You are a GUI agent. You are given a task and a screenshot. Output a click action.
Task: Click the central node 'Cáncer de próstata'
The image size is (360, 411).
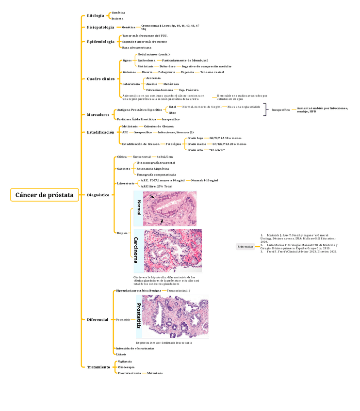[x=44, y=195]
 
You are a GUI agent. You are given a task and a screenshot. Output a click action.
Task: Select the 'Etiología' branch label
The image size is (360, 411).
[x=95, y=16]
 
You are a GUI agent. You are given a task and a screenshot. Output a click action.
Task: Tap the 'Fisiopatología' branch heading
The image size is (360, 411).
[x=100, y=28]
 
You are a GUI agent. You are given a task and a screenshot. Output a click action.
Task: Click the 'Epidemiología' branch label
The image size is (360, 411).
[x=100, y=42]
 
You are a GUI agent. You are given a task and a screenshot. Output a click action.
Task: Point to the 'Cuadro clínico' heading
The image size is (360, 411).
[x=100, y=79]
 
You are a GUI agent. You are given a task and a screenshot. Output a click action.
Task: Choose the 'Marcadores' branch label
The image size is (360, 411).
[x=98, y=114]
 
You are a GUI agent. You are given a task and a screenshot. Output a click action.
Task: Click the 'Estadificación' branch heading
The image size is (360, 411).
[x=100, y=132]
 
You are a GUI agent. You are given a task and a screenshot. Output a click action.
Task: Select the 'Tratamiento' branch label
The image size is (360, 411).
[x=98, y=367]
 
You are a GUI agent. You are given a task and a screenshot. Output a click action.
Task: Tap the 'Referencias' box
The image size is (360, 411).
[x=245, y=247]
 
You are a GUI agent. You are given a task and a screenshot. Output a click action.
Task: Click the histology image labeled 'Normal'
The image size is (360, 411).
[x=170, y=208]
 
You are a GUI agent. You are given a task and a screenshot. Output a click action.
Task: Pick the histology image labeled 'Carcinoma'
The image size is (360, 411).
[x=173, y=251]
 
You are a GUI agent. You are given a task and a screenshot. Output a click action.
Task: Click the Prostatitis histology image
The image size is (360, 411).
[x=177, y=316]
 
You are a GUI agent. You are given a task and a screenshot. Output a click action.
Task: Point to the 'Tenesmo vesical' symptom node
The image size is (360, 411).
[x=212, y=72]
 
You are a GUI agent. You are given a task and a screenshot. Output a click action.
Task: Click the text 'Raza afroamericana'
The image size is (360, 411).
[x=136, y=47]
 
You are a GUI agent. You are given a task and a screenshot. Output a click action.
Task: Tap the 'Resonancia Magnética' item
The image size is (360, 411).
[x=152, y=169]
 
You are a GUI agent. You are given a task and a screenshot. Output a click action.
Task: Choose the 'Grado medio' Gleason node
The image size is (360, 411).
[x=196, y=144]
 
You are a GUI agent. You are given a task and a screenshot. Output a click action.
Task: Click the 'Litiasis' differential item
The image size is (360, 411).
[x=121, y=354]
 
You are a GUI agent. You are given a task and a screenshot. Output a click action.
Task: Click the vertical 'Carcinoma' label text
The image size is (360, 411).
[x=138, y=251]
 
